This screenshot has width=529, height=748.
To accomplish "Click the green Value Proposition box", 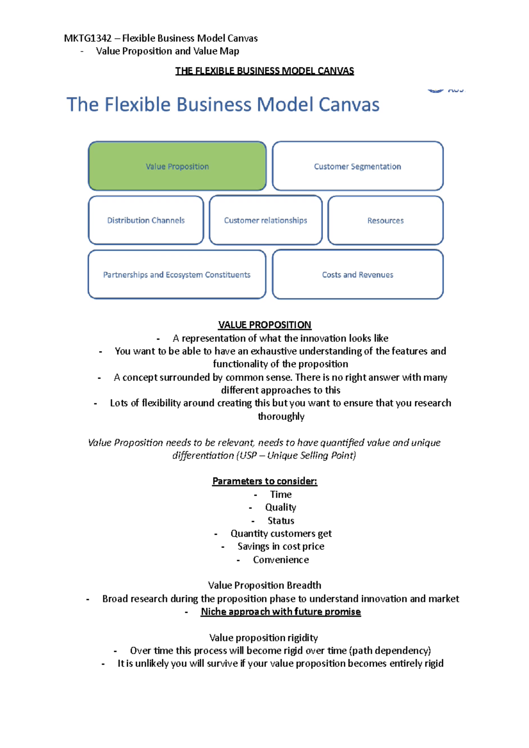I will pos(177,166).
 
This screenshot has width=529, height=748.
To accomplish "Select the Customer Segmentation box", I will pos(358,166).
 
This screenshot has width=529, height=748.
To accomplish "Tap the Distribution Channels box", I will pos(146,220).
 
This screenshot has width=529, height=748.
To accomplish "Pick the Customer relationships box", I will pos(265,220).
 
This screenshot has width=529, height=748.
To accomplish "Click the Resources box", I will pos(385,220).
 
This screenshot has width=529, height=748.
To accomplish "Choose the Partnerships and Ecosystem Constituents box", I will pos(177,274).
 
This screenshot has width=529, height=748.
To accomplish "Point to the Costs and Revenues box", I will pos(358,274).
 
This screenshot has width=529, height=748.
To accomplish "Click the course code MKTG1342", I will pos(88,38).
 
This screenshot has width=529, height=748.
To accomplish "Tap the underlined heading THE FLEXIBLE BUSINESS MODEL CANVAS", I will pos(264,71).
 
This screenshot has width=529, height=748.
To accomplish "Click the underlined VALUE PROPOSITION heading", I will pos(264,325).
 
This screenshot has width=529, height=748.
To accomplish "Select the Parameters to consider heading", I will pos(264,481).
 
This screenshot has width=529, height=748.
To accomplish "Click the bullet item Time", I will pos(281,494).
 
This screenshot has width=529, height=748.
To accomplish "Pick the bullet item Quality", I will pos(280,507).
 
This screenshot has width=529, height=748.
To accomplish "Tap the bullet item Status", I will pos(281,521).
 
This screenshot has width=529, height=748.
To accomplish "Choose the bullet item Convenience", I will pos(281,560).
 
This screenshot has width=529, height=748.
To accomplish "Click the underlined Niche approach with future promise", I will pos(281,612).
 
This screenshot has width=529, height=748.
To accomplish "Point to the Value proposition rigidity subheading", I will pos(264,638).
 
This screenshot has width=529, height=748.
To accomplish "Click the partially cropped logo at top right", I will pos(445,90).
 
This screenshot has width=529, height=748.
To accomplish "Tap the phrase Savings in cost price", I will pos(281,547).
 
